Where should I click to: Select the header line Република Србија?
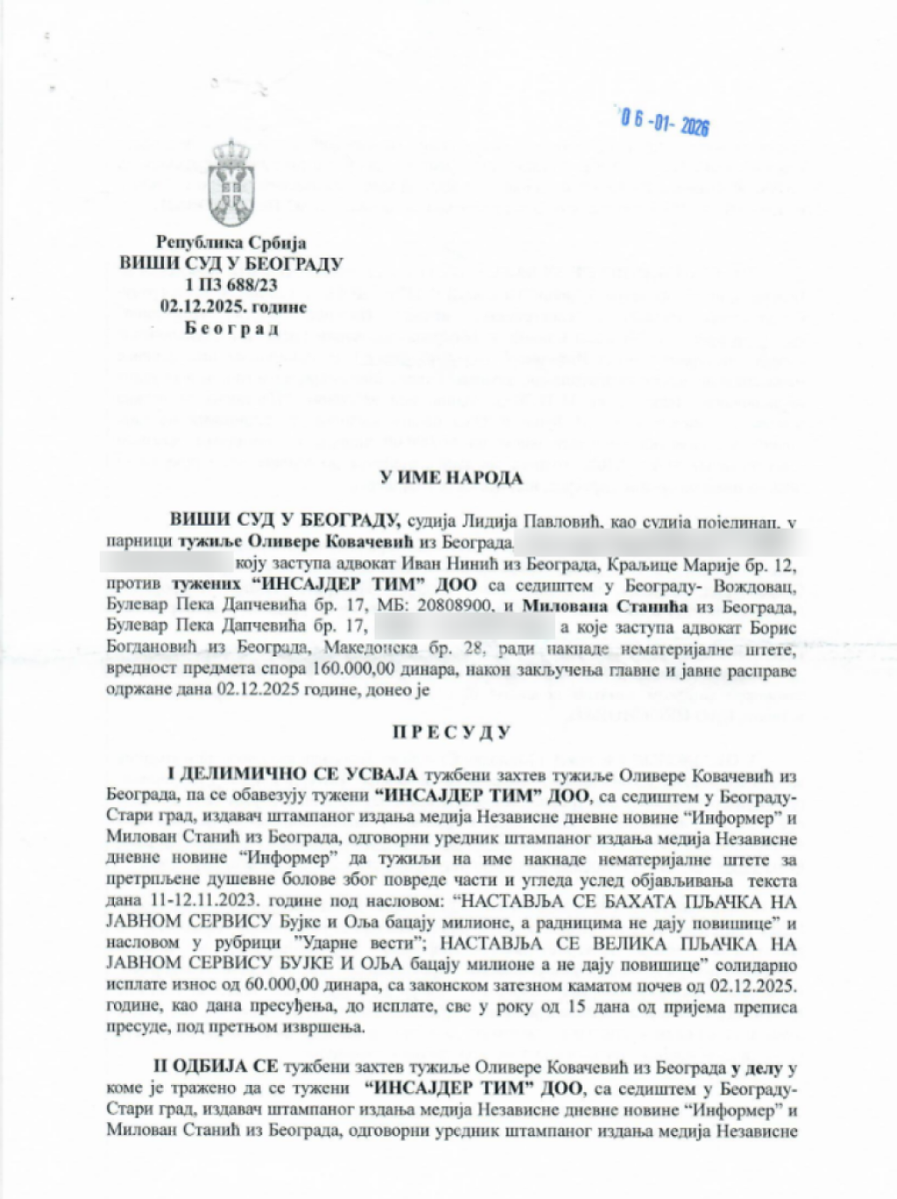coord(231,243)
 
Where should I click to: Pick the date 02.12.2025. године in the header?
coord(233,307)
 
